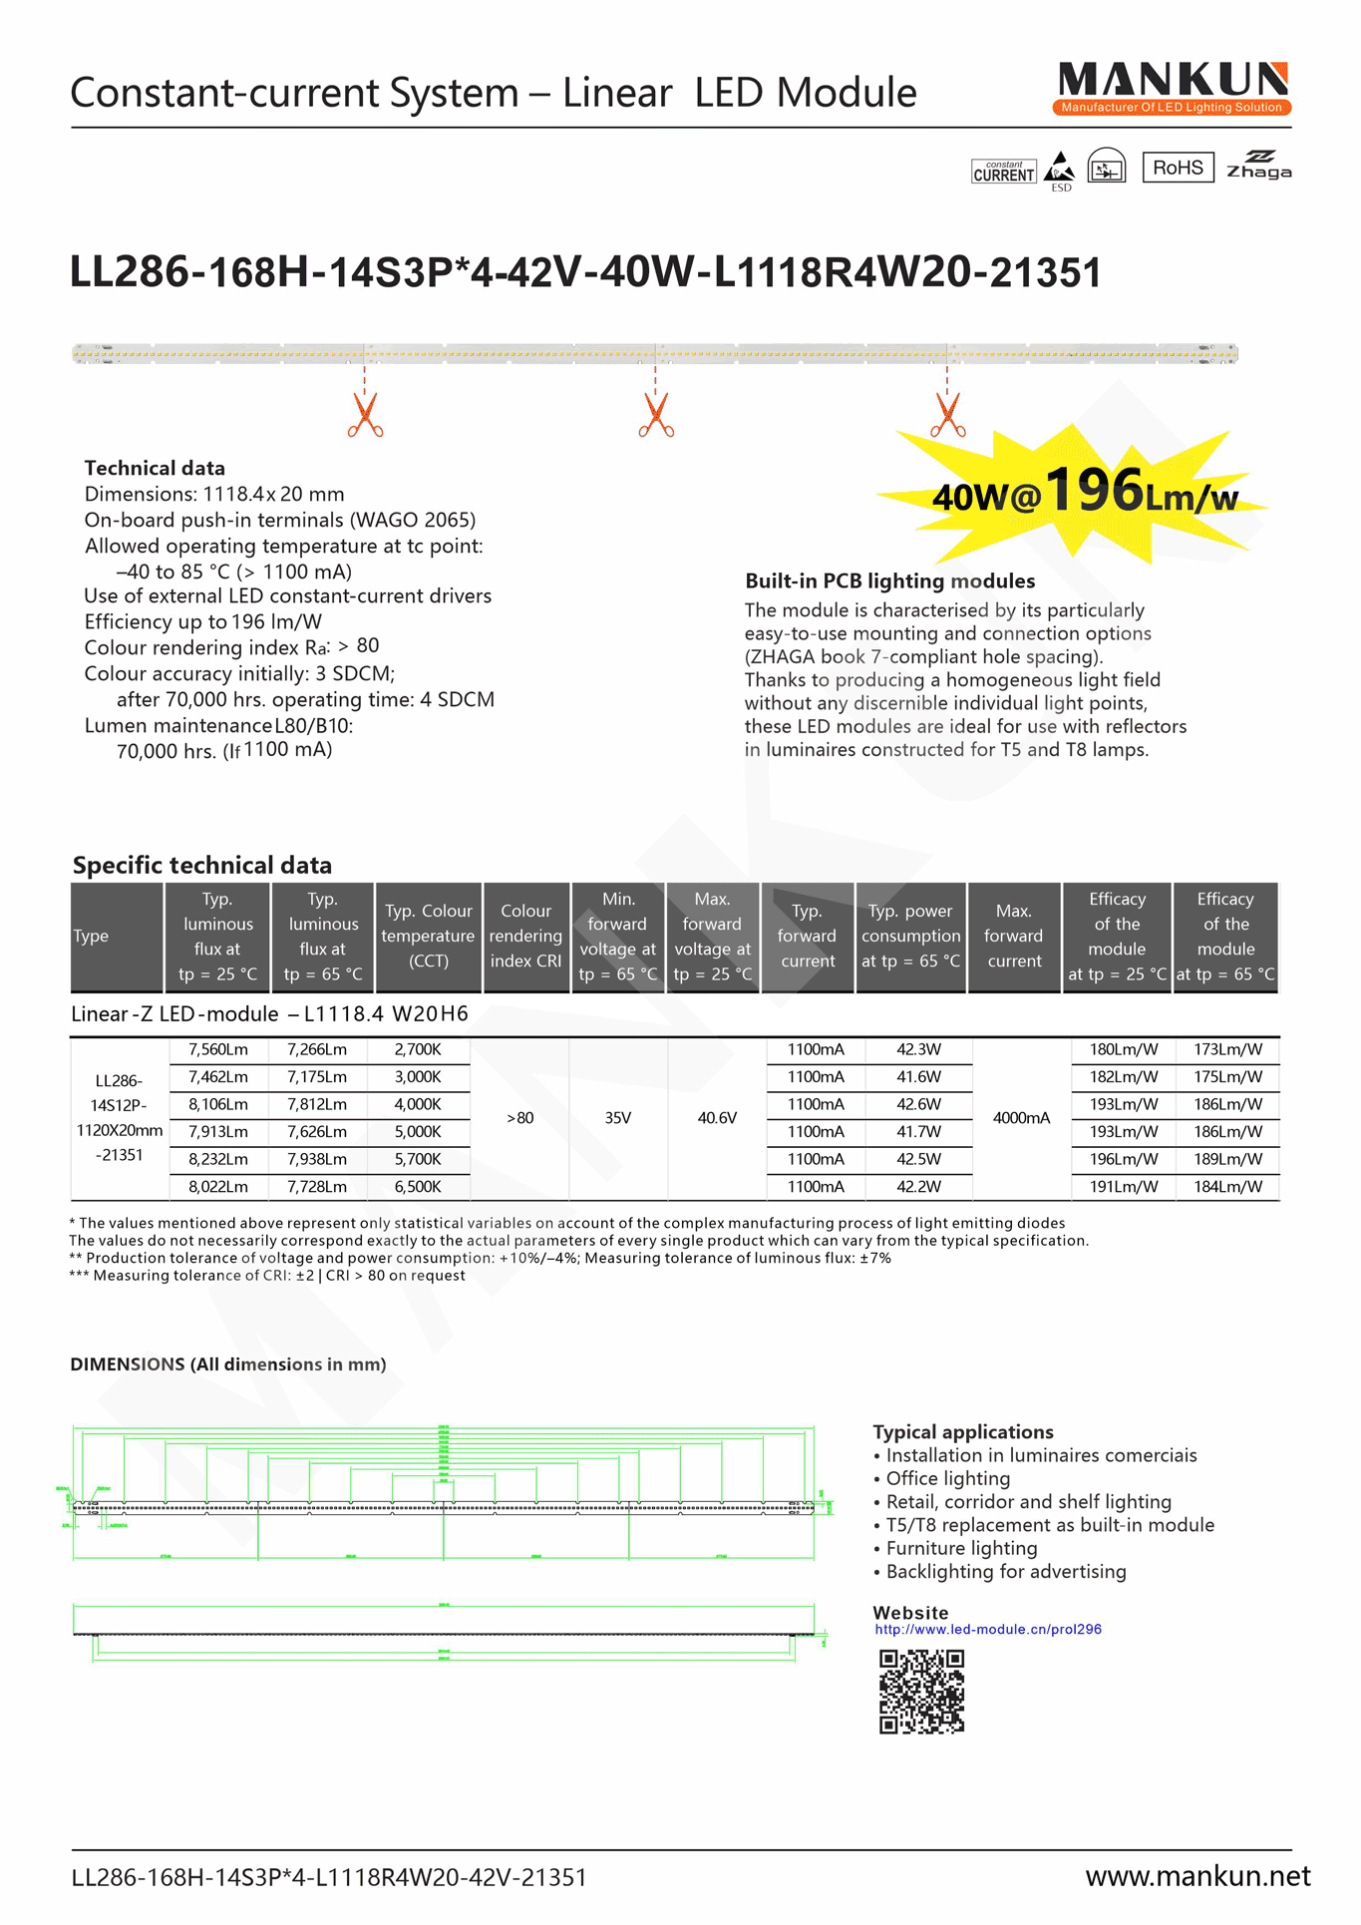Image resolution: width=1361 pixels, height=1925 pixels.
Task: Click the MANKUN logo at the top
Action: tap(1173, 88)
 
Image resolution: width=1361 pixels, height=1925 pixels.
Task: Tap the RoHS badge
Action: tap(1178, 168)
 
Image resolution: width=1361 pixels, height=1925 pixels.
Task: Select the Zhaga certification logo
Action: tap(1258, 166)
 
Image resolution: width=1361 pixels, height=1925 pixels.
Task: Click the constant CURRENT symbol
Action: tap(1004, 172)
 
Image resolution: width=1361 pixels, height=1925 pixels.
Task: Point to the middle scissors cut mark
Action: tap(656, 415)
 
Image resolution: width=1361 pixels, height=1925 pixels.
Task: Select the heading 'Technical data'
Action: tap(155, 468)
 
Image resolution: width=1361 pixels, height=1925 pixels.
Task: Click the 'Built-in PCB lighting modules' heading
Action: tap(889, 580)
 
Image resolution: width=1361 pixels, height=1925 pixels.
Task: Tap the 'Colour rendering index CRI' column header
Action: tap(525, 936)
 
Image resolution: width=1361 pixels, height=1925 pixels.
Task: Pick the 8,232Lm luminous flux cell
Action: tap(217, 1159)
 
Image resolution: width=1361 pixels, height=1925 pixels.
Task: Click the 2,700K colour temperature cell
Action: tap(417, 1049)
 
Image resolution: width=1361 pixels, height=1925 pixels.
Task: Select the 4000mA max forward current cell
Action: tap(1021, 1118)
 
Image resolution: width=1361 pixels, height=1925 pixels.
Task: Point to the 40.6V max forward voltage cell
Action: tap(717, 1118)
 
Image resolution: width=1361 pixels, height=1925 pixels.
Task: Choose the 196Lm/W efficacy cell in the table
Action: tap(1124, 1159)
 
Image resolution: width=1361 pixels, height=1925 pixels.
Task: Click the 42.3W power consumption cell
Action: tap(918, 1049)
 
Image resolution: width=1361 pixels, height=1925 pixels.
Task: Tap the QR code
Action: tap(921, 1691)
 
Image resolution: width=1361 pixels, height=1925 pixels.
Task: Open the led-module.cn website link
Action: tap(987, 1629)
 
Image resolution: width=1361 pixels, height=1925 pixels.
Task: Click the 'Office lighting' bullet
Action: tap(947, 1478)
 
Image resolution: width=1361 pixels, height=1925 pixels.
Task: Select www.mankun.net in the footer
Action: tap(1197, 1876)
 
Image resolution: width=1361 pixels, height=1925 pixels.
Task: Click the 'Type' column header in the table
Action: tap(92, 936)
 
